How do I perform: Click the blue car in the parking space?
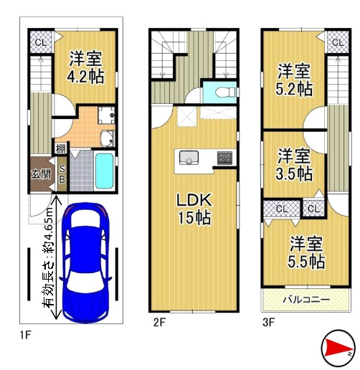click(x=85, y=262)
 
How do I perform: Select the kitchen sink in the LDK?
click(x=189, y=158)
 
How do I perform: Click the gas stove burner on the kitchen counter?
click(x=224, y=158)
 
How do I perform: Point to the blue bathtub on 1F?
click(x=104, y=171)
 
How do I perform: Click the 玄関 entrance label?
click(x=41, y=174)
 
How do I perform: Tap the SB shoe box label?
click(x=62, y=174)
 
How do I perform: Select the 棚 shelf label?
click(x=61, y=149)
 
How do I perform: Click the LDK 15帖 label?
click(x=194, y=209)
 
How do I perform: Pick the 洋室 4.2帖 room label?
click(x=85, y=67)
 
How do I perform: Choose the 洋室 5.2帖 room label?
click(x=294, y=80)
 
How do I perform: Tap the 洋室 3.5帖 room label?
click(x=294, y=164)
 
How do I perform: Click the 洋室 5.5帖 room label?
click(x=306, y=252)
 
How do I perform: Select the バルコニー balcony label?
click(x=306, y=299)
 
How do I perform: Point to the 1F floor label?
click(x=26, y=335)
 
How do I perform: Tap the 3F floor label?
click(x=268, y=322)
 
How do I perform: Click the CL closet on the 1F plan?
click(x=41, y=42)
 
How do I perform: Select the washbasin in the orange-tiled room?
click(x=107, y=138)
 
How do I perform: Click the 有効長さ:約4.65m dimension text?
click(x=48, y=257)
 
